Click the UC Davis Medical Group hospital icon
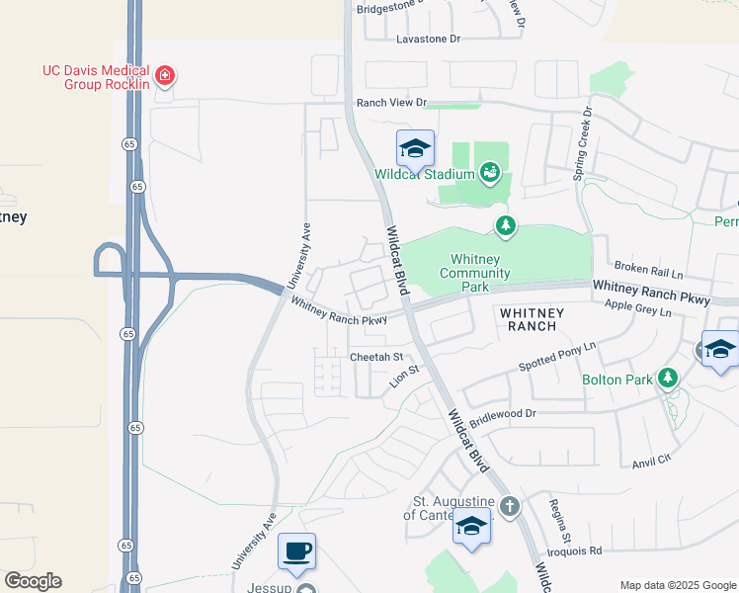(x=165, y=75)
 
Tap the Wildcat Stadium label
(x=425, y=175)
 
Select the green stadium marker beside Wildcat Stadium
(x=489, y=174)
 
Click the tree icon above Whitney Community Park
(x=506, y=227)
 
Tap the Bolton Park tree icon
(x=669, y=379)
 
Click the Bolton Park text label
(x=622, y=380)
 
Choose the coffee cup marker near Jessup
(x=296, y=551)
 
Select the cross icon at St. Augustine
(x=509, y=507)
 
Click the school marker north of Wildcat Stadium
(x=416, y=148)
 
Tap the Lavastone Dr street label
(x=429, y=40)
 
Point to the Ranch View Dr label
(x=391, y=103)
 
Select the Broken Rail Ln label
(x=648, y=269)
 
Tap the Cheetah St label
(x=377, y=357)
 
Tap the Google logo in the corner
(x=33, y=581)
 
